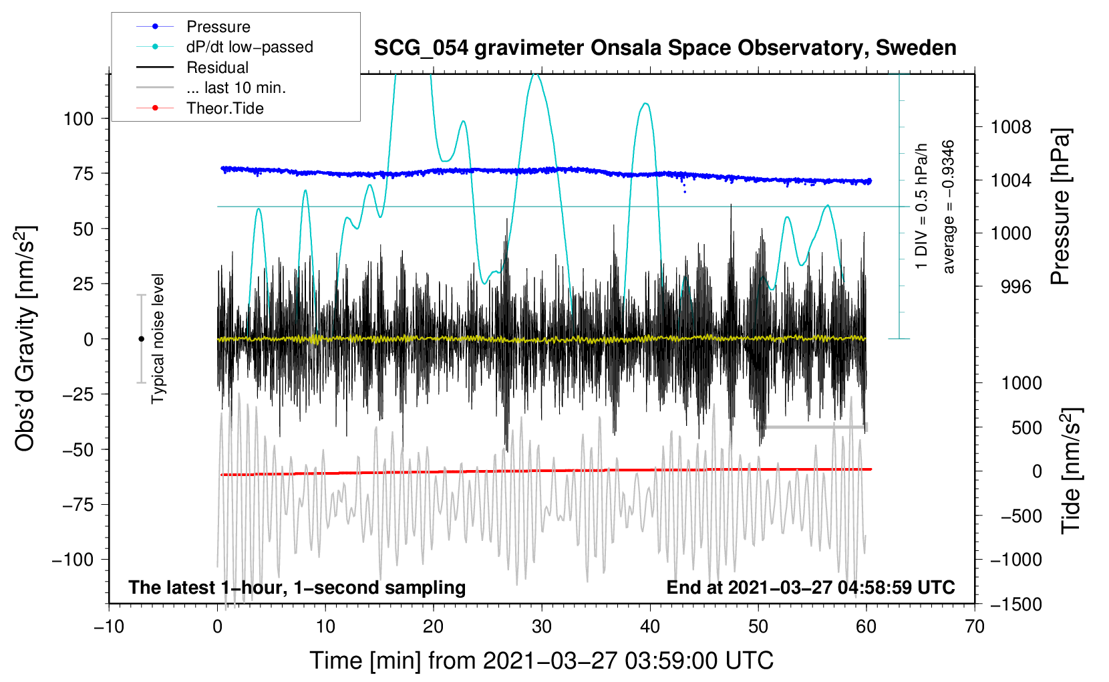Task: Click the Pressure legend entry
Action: coord(193,26)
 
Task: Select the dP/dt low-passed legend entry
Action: coord(224,47)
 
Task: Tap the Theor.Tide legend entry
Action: coord(200,108)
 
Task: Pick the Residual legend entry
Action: coord(192,68)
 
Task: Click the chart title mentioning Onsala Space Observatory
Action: coord(665,47)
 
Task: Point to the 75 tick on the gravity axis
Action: coord(83,173)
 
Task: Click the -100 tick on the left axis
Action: coord(73,560)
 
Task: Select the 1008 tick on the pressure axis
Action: coord(1011,127)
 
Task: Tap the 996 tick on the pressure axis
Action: coord(1016,286)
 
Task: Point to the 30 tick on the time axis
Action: coord(542,627)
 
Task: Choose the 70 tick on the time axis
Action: coord(974,627)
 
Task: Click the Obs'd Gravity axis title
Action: coord(25,338)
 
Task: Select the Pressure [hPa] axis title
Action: coord(1060,207)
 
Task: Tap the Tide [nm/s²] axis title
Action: coord(1072,471)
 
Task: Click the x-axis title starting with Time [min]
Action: coord(542,661)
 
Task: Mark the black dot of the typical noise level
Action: coord(141,339)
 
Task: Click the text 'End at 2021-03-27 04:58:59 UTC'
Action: coord(810,587)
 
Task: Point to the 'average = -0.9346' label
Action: coord(947,207)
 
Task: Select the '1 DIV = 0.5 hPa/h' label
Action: coord(921,207)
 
